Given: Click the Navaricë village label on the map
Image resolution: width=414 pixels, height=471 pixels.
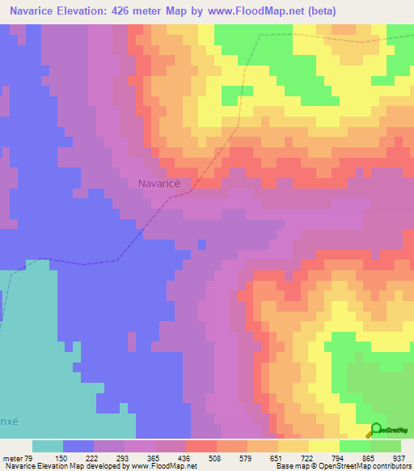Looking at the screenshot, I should pyautogui.click(x=158, y=183).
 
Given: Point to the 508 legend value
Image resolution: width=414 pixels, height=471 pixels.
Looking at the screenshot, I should pyautogui.click(x=216, y=457).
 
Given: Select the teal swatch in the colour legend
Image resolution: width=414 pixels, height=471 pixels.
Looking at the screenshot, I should pyautogui.click(x=48, y=446).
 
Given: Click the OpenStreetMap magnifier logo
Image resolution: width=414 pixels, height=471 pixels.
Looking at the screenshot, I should pyautogui.click(x=376, y=430).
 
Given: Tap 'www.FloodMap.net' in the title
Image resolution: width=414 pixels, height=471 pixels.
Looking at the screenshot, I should pyautogui.click(x=241, y=11).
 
